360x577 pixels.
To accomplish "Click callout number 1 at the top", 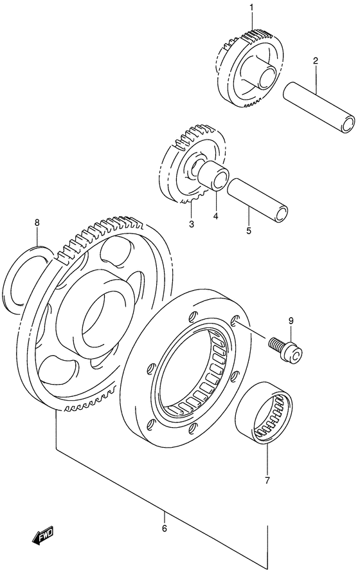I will pyautogui.click(x=252, y=8).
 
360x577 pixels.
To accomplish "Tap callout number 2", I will pyautogui.click(x=316, y=61).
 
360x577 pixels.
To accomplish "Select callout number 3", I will pyautogui.click(x=192, y=224).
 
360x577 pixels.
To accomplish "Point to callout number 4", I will pyautogui.click(x=216, y=216).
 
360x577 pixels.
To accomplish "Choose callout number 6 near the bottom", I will pyautogui.click(x=164, y=528).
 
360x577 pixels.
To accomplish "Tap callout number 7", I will pyautogui.click(x=268, y=479).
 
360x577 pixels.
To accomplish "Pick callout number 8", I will pyautogui.click(x=37, y=223).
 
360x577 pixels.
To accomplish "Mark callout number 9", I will pyautogui.click(x=291, y=322).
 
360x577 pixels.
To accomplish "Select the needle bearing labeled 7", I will pyautogui.click(x=262, y=412).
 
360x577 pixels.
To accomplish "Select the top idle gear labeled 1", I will pyautogui.click(x=248, y=71).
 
